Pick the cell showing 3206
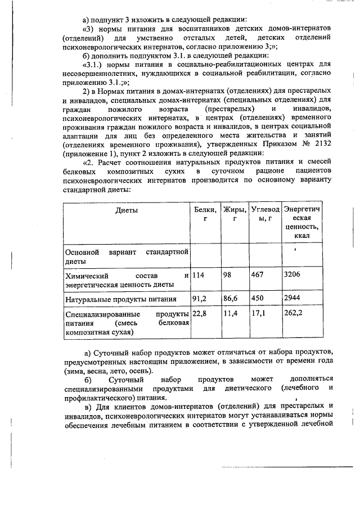point(293,276)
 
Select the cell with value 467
point(258,276)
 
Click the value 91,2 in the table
point(200,299)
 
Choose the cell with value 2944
point(293,299)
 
